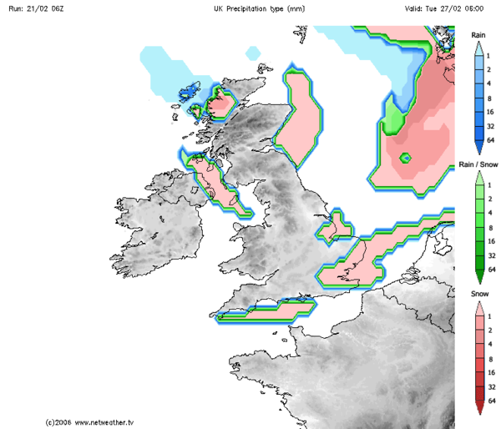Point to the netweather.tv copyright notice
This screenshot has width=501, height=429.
[x=90, y=422]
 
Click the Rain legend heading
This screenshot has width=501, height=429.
[x=478, y=35]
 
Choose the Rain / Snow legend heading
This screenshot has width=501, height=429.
[x=478, y=164]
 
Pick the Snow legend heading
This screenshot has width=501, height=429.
[x=478, y=295]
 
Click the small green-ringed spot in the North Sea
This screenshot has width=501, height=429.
[x=405, y=158]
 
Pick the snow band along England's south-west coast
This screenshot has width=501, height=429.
[x=267, y=310]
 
